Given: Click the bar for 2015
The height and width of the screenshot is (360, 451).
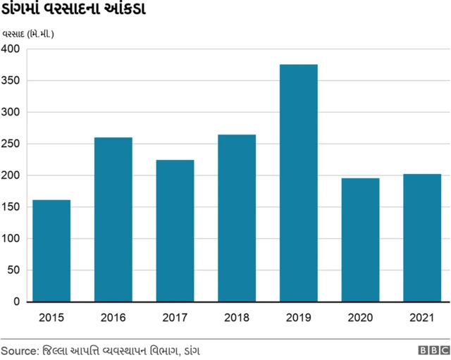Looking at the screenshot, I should click(x=51, y=251).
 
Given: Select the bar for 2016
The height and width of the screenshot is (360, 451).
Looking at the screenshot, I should click(x=113, y=219).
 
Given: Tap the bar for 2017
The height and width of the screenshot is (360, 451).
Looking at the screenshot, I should click(x=175, y=230).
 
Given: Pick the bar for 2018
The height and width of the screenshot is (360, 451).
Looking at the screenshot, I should click(x=237, y=218).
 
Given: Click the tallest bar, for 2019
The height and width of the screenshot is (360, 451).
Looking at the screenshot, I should click(x=299, y=183).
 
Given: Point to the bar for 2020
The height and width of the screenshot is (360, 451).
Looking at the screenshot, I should click(x=360, y=240).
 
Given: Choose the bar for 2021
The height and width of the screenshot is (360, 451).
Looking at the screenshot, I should click(x=422, y=237).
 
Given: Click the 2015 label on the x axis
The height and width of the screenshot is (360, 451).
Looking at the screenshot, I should click(x=51, y=318).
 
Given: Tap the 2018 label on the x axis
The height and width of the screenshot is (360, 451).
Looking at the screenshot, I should click(x=237, y=318).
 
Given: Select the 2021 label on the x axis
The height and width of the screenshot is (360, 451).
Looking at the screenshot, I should click(x=422, y=318).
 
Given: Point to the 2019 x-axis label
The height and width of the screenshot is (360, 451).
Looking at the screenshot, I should click(x=299, y=318).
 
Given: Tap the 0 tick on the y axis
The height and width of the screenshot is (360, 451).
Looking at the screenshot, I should click(x=17, y=302).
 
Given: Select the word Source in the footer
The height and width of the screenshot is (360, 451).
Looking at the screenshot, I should click(x=19, y=349).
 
